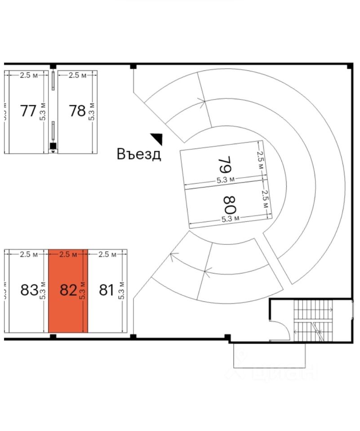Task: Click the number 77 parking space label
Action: [28, 110]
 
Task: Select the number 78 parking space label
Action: [77, 110]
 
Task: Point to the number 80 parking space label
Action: [230, 204]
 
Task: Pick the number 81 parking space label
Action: [106, 290]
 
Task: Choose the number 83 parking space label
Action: [29, 290]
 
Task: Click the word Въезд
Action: [139, 154]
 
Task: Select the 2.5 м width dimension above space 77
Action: [28, 75]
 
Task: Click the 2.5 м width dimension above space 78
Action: [77, 75]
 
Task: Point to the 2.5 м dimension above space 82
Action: [68, 255]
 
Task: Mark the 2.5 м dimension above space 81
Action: [107, 255]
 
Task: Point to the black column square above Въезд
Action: [133, 66]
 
